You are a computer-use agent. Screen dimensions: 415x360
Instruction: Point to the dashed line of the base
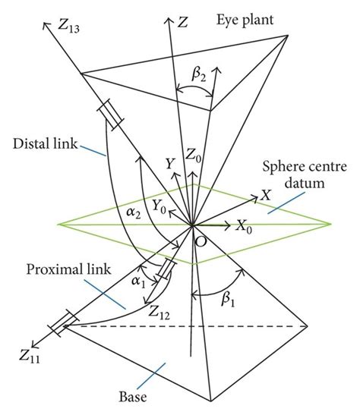(190, 326)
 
